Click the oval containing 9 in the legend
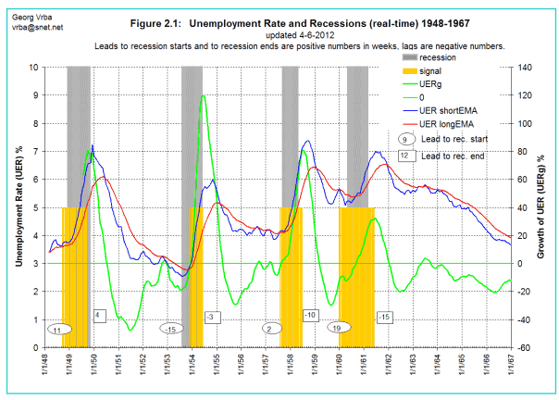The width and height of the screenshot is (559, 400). coord(405,138)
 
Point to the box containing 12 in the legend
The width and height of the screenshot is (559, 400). coord(405,156)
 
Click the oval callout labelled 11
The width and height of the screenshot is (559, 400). coord(57,329)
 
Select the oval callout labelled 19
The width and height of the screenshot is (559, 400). coord(337,327)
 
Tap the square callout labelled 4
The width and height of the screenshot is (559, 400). coord(99,316)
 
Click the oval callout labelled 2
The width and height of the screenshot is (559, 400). coord(268,328)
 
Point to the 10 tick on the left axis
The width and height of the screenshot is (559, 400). coord(33,67)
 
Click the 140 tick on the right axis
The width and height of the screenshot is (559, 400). coord(526,67)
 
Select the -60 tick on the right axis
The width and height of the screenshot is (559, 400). coord(525,348)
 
